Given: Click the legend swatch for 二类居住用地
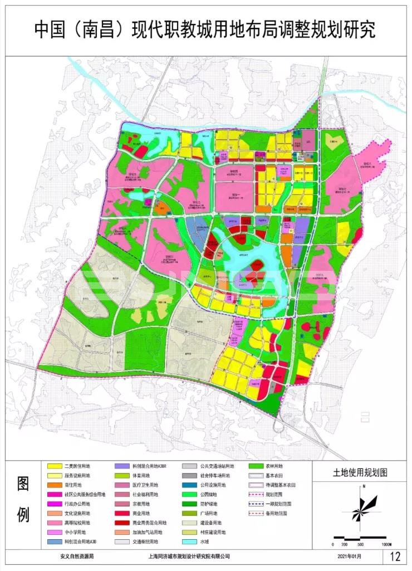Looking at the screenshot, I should pos(54,466).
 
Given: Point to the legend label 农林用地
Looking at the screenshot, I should pos(274,466).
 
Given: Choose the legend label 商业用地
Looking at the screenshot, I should pos(144,513).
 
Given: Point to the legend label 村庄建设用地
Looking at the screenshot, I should pos(212,532).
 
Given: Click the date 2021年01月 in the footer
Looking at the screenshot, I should pos(349,556).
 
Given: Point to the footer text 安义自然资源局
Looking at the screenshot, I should pos(77,556).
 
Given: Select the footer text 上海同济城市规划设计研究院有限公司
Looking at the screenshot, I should pos(189,556).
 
